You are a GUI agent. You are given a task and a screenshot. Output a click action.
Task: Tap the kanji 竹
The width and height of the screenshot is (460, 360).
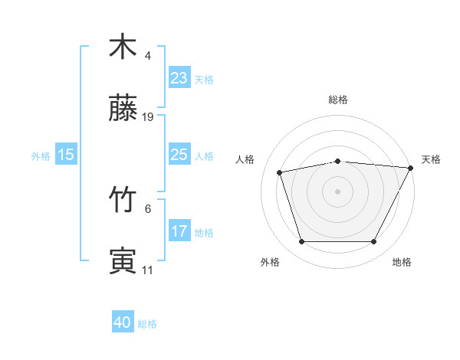123,200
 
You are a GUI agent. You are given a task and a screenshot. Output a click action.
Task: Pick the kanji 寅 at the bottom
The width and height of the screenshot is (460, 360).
123,260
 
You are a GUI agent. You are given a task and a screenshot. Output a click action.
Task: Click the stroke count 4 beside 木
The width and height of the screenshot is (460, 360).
148,56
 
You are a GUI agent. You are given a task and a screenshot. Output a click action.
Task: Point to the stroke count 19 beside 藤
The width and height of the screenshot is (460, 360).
148,117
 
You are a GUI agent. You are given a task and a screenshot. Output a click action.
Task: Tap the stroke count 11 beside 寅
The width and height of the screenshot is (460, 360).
148,270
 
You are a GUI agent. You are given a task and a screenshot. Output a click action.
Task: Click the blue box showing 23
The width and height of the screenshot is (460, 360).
179,77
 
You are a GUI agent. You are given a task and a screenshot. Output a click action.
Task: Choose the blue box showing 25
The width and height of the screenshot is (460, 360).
179,155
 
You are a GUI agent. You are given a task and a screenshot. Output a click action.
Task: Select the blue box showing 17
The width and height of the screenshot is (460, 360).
179,231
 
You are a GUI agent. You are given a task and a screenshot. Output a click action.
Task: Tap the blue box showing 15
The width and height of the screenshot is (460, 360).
66,155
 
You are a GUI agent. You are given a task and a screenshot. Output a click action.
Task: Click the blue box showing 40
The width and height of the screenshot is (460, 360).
123,323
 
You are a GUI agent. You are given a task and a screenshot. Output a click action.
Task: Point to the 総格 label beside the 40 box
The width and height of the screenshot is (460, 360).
147,324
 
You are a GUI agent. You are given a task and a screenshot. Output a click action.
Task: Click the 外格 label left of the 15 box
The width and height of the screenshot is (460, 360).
41,155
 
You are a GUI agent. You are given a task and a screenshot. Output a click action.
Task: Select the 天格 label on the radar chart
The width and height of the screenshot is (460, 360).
431,159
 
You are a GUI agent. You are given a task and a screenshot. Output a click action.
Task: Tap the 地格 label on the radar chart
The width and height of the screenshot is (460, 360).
402,262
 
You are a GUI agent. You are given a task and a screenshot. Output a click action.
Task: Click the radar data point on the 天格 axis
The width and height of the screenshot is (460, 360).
412,168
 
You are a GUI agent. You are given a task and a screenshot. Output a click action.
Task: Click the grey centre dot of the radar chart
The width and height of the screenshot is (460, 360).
337,191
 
